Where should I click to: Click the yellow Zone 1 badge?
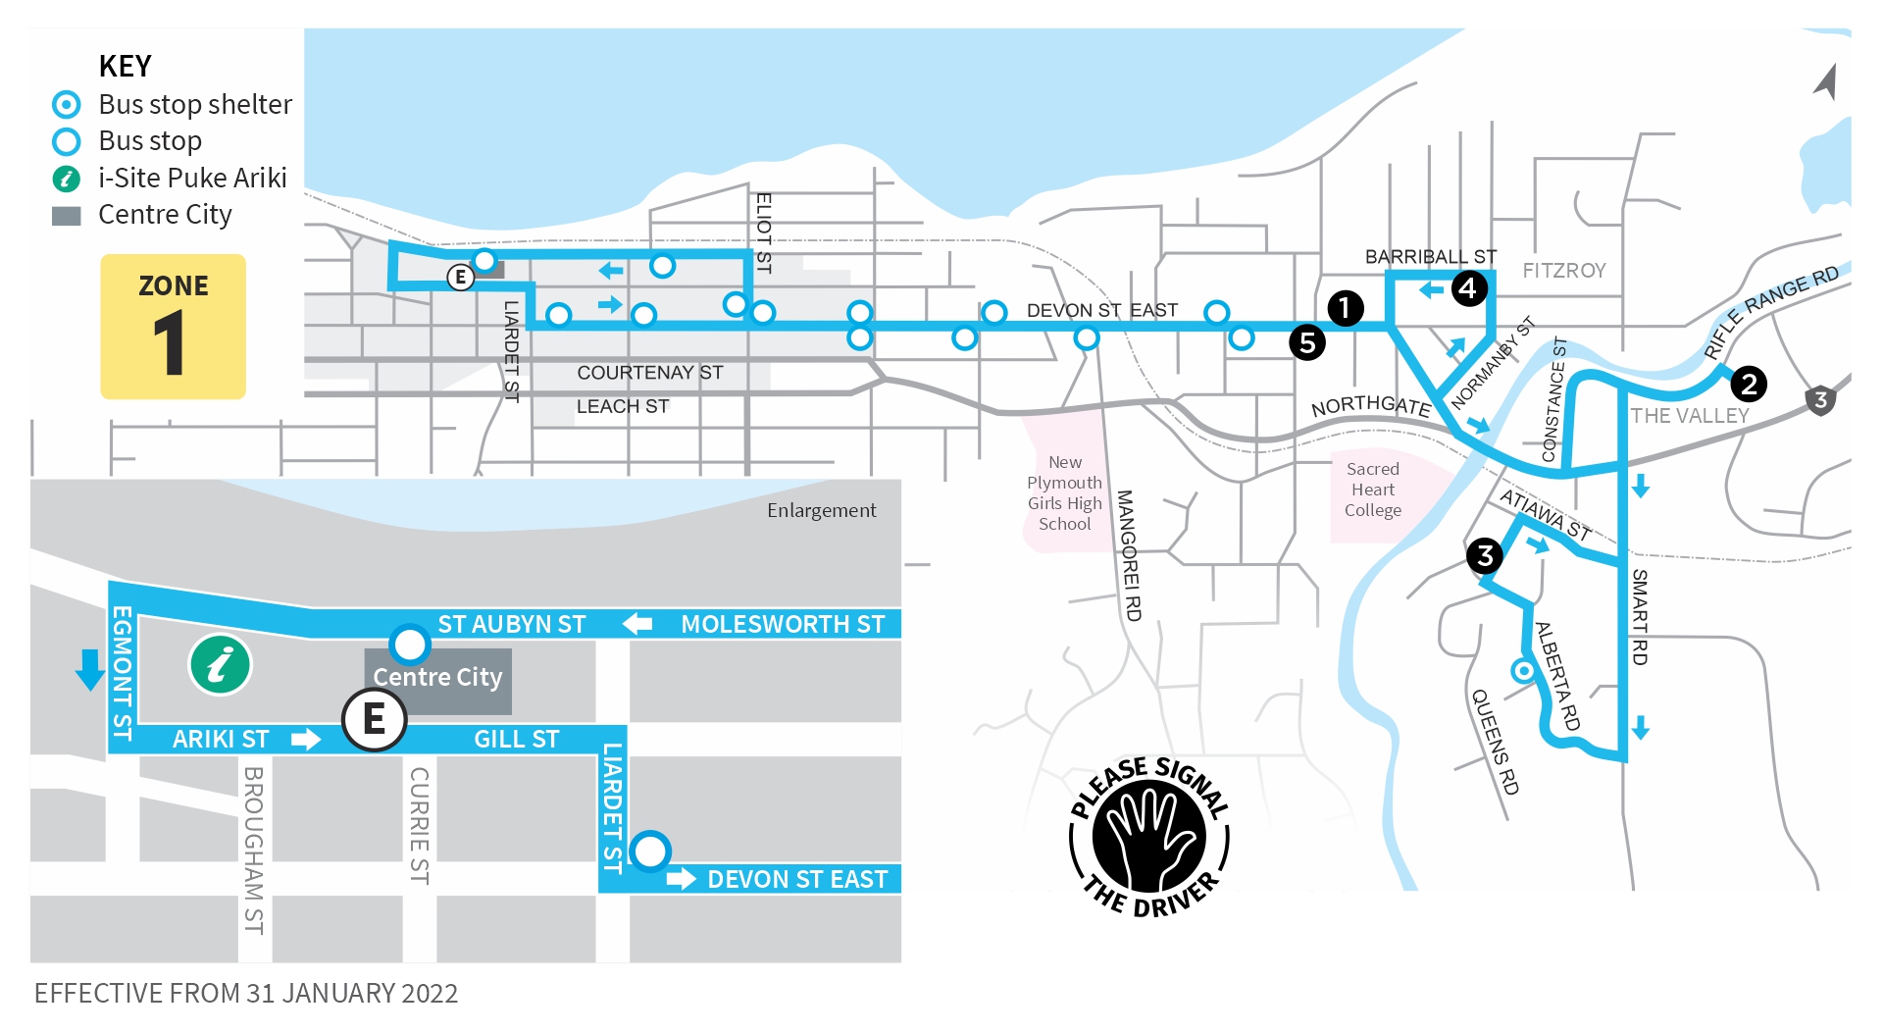coord(173,326)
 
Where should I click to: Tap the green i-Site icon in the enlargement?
coord(221,664)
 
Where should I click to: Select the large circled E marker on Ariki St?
coord(374,719)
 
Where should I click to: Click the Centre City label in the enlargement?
coord(437,677)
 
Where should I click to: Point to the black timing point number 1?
coord(1345,308)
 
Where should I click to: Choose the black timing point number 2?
coord(1749,384)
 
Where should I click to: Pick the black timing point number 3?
coord(1485,556)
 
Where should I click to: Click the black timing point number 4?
coord(1468,288)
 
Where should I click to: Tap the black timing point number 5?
coord(1307,343)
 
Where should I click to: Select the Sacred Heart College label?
coord(1373,490)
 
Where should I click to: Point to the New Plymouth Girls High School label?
coord(1065,493)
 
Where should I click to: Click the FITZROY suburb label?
coord(1564,271)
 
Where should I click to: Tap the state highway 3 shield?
coord(1820,400)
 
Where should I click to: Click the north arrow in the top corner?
coord(1826,81)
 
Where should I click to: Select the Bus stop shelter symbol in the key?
coord(66,104)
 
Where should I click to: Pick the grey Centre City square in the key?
coord(66,216)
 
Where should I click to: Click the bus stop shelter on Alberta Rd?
coord(1523,671)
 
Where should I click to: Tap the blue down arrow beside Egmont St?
coord(90,669)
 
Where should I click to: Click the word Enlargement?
coord(821,510)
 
